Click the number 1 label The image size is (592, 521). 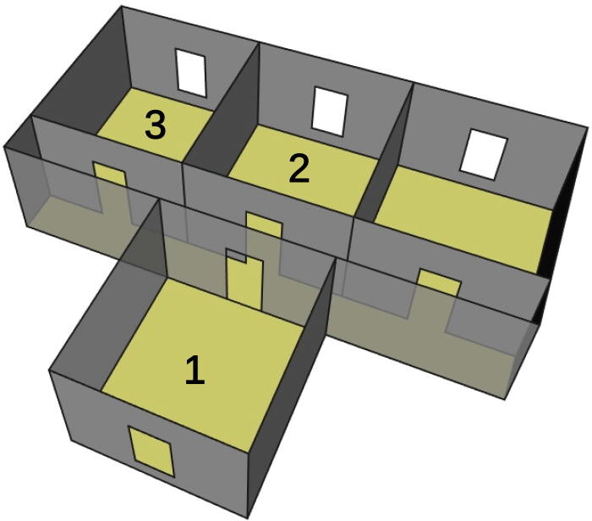click(x=195, y=370)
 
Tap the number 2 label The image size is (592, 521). click(x=299, y=169)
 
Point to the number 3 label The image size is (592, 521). click(x=154, y=125)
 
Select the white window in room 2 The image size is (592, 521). click(x=330, y=109)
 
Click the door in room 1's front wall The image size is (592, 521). click(x=151, y=451)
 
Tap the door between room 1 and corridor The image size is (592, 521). click(x=245, y=277)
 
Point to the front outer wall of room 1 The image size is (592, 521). click(x=101, y=440)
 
